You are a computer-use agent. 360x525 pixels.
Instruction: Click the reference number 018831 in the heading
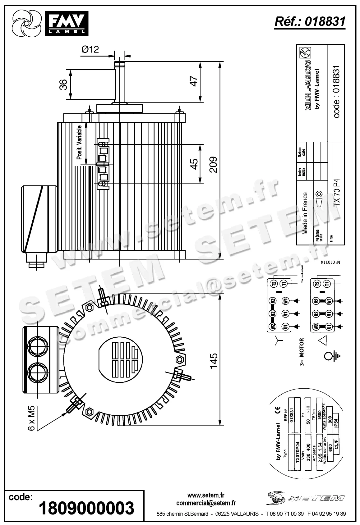[x=325, y=21]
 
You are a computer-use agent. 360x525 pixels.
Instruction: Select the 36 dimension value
[x=63, y=84]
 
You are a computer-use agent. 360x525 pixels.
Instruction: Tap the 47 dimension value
[x=194, y=81]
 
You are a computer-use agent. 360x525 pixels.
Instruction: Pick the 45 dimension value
[x=194, y=164]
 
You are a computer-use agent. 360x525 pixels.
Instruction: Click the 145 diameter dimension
[x=214, y=361]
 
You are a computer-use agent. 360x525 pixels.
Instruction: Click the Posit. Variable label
[x=79, y=143]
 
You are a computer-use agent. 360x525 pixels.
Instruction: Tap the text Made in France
[x=305, y=213]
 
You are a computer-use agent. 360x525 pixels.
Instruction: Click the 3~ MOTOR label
[x=302, y=352]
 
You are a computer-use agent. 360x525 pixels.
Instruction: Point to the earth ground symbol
[x=332, y=355]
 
